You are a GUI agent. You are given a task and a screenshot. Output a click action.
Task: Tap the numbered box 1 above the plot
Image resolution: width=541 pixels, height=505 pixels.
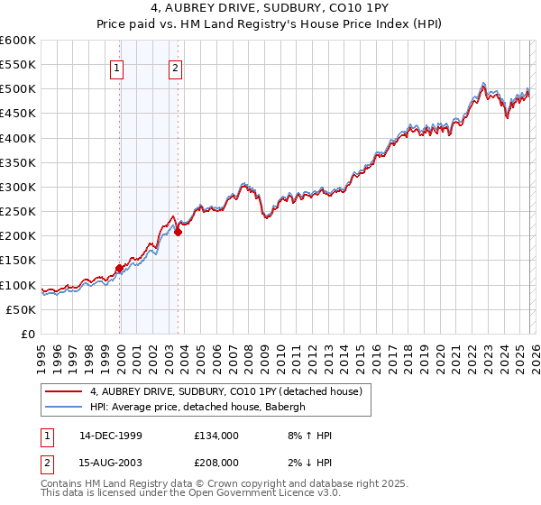tap(118, 66)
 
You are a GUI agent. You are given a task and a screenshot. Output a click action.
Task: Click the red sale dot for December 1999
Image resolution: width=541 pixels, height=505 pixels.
tap(119, 268)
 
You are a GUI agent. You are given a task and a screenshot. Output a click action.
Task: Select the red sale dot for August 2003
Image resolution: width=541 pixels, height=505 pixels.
tap(178, 232)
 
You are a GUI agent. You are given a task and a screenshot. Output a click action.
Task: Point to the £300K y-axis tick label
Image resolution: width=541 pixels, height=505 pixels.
tap(17, 187)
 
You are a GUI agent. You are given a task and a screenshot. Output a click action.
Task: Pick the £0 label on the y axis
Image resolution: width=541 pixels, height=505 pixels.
tap(29, 334)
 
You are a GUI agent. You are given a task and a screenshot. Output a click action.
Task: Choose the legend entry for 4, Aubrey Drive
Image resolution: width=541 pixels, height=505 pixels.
tap(225, 391)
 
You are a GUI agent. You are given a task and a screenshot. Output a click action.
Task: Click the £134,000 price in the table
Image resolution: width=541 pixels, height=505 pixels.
tap(216, 436)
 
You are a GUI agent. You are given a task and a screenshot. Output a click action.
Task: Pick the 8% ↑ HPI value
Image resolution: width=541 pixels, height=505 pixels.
tap(308, 436)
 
